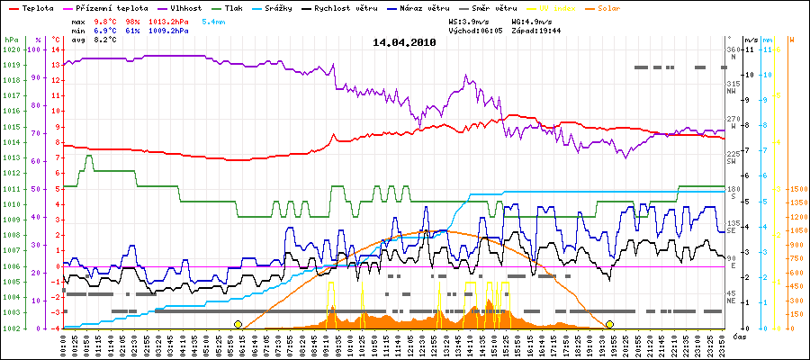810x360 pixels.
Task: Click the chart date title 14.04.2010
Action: (x=404, y=42)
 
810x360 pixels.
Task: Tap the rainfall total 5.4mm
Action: (x=214, y=20)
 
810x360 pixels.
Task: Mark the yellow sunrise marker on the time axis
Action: (x=238, y=324)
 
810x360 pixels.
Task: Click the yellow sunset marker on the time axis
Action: (x=609, y=324)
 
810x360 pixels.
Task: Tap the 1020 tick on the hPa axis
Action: (x=11, y=49)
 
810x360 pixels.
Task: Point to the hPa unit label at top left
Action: (x=11, y=40)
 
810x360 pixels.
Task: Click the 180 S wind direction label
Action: (x=732, y=191)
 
